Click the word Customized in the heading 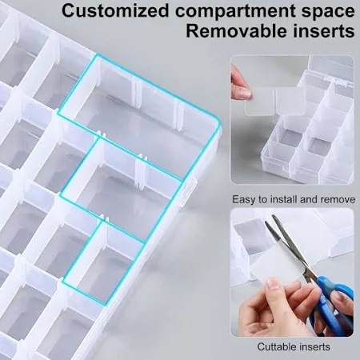coord(115,11)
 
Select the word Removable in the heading coord(237,31)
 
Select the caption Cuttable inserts coord(294,347)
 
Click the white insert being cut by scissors coord(278,264)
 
